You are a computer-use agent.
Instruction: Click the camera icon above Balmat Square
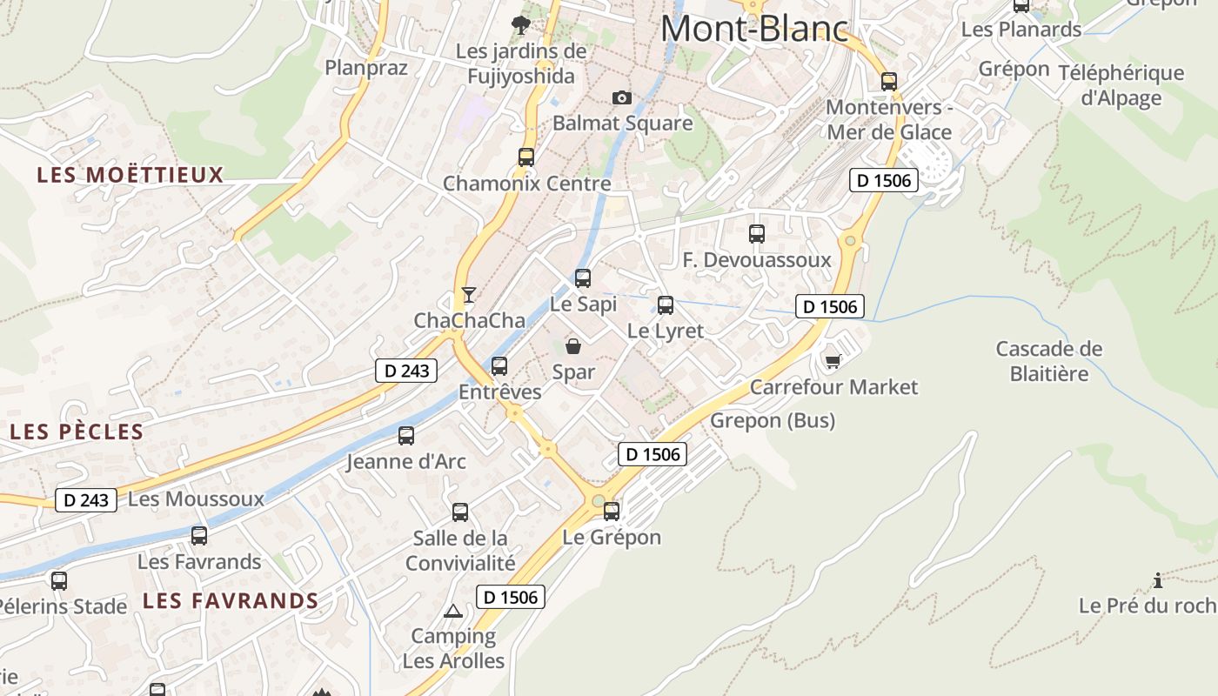coord(621,97)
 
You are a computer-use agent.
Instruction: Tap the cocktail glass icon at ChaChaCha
coord(469,295)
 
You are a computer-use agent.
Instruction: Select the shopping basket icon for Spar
coord(573,346)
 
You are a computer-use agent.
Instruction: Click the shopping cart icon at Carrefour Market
coord(833,360)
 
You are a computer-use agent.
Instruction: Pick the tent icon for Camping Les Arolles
coord(452,611)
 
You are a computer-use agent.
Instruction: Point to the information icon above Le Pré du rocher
coord(1158,580)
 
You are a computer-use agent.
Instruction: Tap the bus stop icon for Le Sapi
coord(583,278)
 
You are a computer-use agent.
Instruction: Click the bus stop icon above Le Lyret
coord(666,305)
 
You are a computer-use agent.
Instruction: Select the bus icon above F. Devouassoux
coord(757,234)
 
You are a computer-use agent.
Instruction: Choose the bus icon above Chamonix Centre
coord(526,157)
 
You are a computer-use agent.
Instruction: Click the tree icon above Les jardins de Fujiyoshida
coord(521,24)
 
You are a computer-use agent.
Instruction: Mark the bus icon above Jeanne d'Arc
coord(406,436)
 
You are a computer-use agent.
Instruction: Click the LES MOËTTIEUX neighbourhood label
coord(130,175)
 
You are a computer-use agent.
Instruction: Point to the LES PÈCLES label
coord(77,432)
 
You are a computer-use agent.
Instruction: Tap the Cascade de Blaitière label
coord(1049,361)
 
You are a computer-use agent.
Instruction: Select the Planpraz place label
coord(366,68)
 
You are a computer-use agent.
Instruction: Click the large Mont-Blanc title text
coord(754,29)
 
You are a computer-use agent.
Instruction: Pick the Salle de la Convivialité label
coord(460,551)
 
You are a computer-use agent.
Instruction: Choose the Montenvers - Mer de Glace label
coord(889,120)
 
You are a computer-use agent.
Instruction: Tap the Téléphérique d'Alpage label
coord(1121,85)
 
